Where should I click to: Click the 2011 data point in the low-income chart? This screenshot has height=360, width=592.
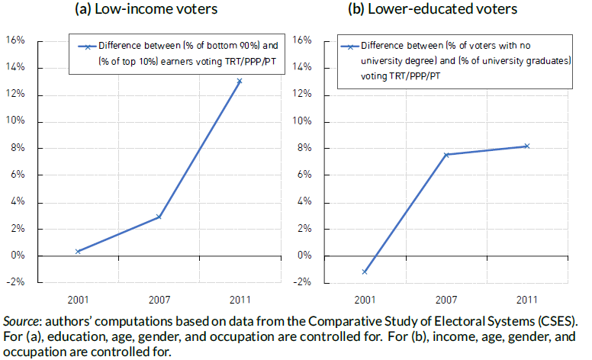[240, 81]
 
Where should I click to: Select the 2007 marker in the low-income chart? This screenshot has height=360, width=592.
[159, 217]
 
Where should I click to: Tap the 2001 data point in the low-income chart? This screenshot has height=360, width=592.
[78, 251]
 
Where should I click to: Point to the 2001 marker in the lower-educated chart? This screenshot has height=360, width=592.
[365, 272]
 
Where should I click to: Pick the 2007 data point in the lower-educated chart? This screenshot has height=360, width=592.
[446, 155]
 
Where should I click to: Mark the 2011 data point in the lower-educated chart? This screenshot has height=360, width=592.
[526, 146]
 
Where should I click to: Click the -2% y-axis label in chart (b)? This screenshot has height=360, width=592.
[301, 282]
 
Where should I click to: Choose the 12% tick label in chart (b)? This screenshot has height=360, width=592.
[302, 95]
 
